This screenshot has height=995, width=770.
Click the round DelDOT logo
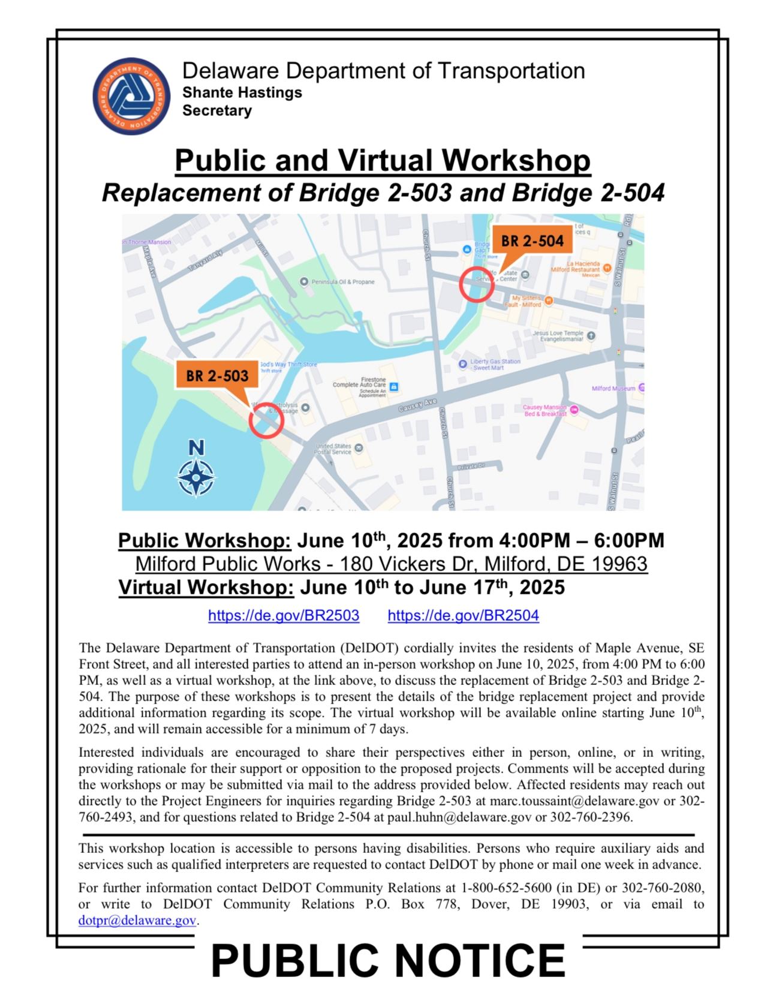pos(131,96)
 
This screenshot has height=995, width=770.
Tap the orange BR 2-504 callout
pos(532,241)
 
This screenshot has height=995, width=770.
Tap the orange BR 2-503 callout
pos(217,375)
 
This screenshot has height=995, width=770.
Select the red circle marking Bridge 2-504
pos(477,284)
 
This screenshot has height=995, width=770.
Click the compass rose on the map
pos(196,477)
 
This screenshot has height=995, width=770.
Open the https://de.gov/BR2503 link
pos(284,615)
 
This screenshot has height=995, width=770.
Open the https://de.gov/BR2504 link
pos(463,615)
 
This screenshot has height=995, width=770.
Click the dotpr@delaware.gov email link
pos(137,921)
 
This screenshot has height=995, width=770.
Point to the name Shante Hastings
pos(242,93)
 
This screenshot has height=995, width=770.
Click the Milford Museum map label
pos(613,389)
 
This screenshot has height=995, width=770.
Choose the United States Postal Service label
pos(334,449)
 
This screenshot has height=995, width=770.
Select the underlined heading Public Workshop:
pos(204,540)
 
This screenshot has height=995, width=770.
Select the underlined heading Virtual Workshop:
pos(206,587)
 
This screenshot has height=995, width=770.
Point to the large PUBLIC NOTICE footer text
pos(388,961)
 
